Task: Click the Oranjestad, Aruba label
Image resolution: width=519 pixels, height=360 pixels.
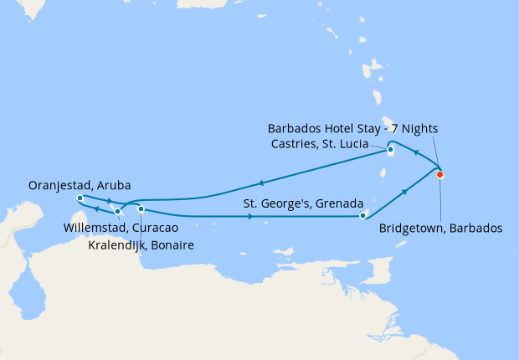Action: (x=79, y=185)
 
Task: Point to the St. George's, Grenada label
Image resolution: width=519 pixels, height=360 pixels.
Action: (x=302, y=203)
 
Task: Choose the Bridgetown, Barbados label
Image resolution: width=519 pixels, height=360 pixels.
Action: (x=440, y=228)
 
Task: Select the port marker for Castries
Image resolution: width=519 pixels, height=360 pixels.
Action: (x=391, y=151)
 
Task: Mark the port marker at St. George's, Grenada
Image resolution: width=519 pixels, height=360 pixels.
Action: (x=362, y=216)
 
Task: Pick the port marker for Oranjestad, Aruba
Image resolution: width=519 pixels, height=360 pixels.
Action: (x=79, y=198)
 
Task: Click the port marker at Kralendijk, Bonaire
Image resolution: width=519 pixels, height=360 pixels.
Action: (x=141, y=208)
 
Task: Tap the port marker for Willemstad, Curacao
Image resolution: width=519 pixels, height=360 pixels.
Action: (x=117, y=211)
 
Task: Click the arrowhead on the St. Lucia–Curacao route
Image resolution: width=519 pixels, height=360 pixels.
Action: (x=262, y=183)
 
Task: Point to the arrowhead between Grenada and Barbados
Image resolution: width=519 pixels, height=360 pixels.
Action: (x=406, y=192)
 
